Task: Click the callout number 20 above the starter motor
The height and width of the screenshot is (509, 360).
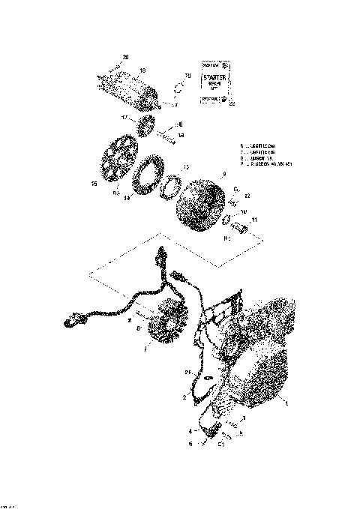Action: pos(125,58)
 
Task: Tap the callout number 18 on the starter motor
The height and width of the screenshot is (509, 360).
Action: pos(142,69)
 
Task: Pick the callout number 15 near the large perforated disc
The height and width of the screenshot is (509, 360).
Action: pos(94,182)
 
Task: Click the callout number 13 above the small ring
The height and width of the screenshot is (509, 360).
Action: pos(187,167)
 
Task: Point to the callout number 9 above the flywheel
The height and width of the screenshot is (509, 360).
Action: pos(222,174)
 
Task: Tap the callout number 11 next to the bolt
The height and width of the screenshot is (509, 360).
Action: pos(254,220)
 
